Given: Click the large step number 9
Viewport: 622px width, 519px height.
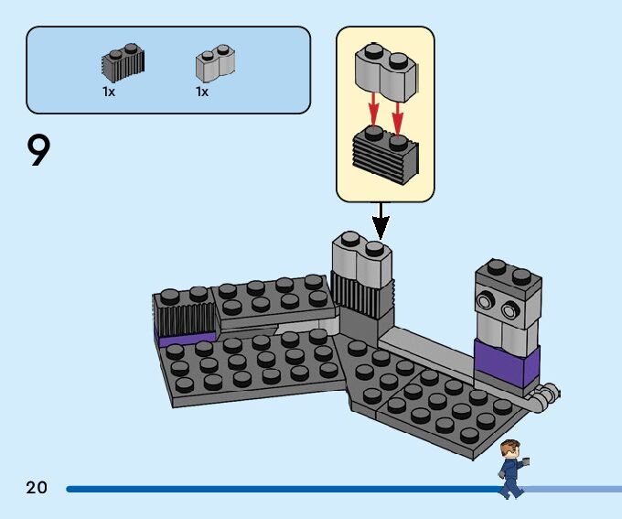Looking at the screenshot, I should click(x=38, y=151).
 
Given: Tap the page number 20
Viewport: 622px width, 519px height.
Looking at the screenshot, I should click(x=37, y=488).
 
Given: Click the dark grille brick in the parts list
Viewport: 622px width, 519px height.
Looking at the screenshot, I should click(x=123, y=62).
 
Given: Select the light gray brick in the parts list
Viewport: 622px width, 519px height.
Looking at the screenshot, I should click(x=215, y=63).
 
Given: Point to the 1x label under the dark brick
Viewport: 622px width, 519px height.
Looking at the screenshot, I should click(x=109, y=92).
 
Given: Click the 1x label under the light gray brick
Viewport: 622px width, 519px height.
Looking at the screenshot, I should click(x=201, y=92).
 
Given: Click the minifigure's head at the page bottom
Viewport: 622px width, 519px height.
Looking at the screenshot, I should click(x=510, y=449).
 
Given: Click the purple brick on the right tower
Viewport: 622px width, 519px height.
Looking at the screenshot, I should click(x=506, y=362).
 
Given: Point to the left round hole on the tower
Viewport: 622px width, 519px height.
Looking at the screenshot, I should click(x=485, y=301).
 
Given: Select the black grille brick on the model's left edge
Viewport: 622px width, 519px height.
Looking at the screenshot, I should click(x=186, y=316).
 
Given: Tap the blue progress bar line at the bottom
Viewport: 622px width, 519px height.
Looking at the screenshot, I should click(x=274, y=489).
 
